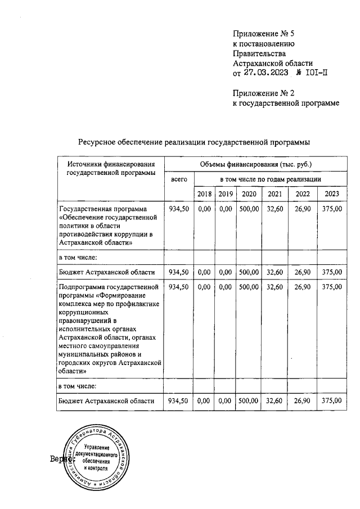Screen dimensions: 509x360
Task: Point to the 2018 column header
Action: click(x=204, y=194)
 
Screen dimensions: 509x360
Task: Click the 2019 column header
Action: click(x=226, y=194)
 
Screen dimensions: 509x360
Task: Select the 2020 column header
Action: click(x=248, y=194)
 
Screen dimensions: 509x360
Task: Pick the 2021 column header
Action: click(x=275, y=194)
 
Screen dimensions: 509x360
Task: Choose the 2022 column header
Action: click(x=303, y=194)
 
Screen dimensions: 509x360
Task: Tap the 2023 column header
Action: click(x=332, y=194)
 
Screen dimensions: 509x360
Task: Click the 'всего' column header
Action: click(x=179, y=179)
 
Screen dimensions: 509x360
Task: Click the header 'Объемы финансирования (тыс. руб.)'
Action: click(x=255, y=164)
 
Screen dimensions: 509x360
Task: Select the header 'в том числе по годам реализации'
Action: click(x=271, y=179)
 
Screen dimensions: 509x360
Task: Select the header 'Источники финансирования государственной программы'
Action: click(x=110, y=168)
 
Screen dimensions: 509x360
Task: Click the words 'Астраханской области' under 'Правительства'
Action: click(x=273, y=64)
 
